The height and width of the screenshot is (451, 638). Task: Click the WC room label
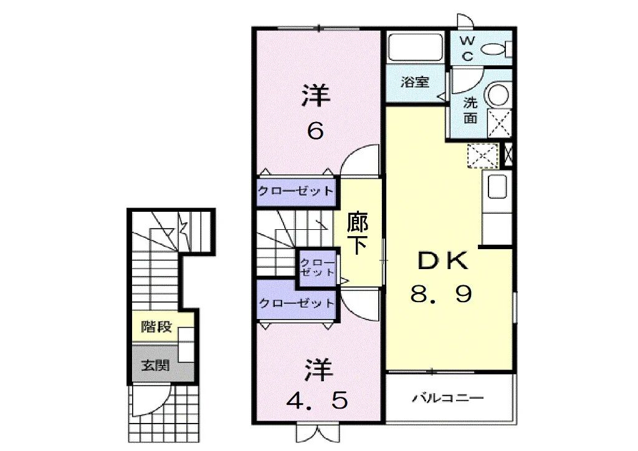[467, 49]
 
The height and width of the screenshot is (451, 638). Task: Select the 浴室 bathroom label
[414, 82]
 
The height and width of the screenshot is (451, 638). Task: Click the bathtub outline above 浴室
[415, 47]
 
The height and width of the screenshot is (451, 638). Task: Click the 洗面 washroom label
[470, 110]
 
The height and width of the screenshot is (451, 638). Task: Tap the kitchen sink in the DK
[497, 187]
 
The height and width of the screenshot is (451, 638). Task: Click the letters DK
[443, 260]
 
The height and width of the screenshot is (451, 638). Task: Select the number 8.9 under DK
[442, 293]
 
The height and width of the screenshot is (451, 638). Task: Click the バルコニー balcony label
[448, 397]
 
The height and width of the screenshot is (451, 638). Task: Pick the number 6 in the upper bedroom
[315, 131]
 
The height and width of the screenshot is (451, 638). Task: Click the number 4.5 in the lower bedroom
[317, 401]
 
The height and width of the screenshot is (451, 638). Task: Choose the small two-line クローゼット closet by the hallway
[317, 268]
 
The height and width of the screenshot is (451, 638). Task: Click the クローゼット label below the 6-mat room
[296, 191]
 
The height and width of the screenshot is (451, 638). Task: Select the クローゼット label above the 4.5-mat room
[297, 303]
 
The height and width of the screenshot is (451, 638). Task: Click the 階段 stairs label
[156, 326]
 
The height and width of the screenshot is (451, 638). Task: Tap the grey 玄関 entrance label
[155, 365]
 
